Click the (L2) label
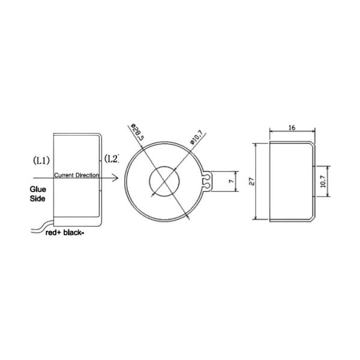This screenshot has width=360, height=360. tap(111, 158)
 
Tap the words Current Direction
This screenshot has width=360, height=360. tap(77, 175)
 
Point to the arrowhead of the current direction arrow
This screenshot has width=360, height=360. tap(116, 178)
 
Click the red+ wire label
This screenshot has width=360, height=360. tap(56, 235)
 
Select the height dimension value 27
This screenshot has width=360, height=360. tap(253, 181)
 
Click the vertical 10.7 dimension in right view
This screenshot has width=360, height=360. tap(323, 182)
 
